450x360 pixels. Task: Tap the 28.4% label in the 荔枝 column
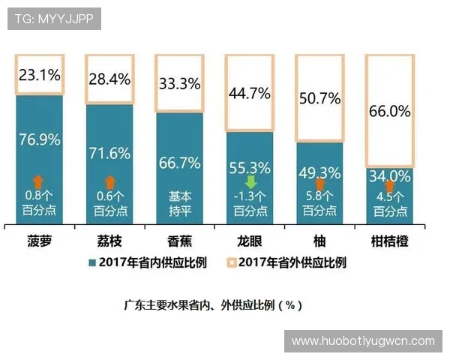click(x=109, y=79)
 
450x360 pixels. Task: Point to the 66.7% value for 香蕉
click(x=179, y=163)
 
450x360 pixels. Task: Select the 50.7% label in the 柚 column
click(x=319, y=98)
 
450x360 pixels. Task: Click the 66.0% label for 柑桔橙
click(x=389, y=112)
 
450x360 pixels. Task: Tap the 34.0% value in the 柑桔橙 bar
click(x=389, y=177)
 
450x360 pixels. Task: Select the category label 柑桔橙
click(x=389, y=241)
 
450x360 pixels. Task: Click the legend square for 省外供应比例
click(x=232, y=263)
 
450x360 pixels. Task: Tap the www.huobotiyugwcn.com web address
click(x=363, y=340)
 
